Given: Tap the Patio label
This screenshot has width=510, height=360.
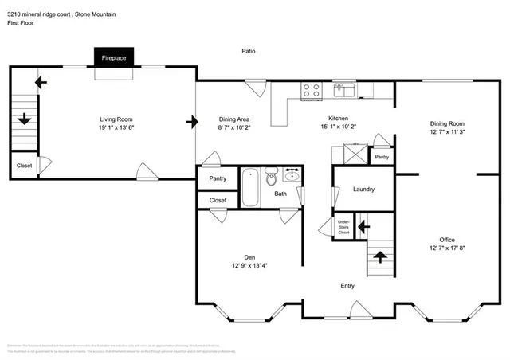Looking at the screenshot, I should (x=249, y=51).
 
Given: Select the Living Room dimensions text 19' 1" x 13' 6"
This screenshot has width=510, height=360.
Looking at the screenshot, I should (x=114, y=128).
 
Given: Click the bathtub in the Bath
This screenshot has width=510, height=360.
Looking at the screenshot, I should (x=250, y=186).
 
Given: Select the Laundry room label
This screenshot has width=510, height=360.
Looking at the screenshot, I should (x=363, y=190).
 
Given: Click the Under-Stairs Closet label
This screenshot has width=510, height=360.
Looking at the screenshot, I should (x=344, y=226).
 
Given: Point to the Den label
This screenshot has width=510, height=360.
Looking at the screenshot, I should (x=249, y=256).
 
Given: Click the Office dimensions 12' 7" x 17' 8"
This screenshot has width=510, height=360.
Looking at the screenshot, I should (x=447, y=248).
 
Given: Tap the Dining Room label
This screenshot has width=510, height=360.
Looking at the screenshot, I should (x=447, y=123).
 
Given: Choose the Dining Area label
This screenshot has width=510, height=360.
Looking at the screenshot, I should (x=233, y=117).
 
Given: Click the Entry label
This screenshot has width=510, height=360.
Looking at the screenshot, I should (x=347, y=286).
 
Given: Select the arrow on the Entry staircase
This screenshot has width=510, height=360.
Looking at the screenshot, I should (x=379, y=256).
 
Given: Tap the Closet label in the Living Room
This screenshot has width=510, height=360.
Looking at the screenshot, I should (x=24, y=166).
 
